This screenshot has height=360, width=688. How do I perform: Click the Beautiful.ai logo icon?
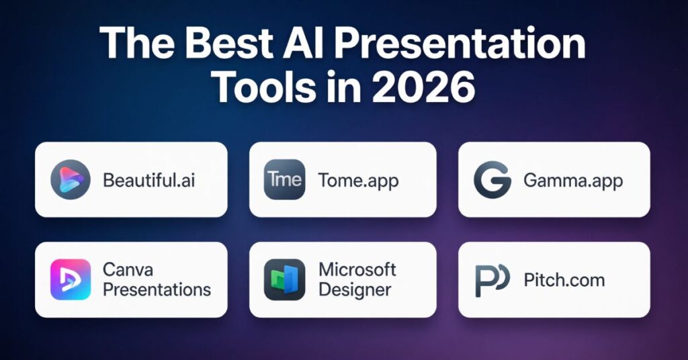tap(71, 179)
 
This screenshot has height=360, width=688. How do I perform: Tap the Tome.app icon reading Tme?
tap(284, 179)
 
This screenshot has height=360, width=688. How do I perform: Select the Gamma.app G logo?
tap(492, 180)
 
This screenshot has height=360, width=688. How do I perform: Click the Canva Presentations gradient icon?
tap(71, 279)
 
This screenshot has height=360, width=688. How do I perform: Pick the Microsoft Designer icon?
tap(284, 279)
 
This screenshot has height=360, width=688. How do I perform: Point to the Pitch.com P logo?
tap(492, 280)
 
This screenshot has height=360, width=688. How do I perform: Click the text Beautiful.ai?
tap(148, 180)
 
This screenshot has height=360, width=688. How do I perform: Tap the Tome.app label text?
tap(359, 181)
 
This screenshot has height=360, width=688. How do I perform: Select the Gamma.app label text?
tap(573, 181)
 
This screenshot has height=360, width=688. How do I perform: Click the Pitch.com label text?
tap(564, 280)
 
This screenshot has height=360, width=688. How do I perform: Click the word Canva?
tap(128, 269)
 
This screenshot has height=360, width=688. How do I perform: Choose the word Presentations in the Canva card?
tap(157, 289)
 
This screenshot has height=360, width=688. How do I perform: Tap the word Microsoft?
tap(357, 269)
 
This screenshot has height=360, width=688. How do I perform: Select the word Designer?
tap(355, 290)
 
